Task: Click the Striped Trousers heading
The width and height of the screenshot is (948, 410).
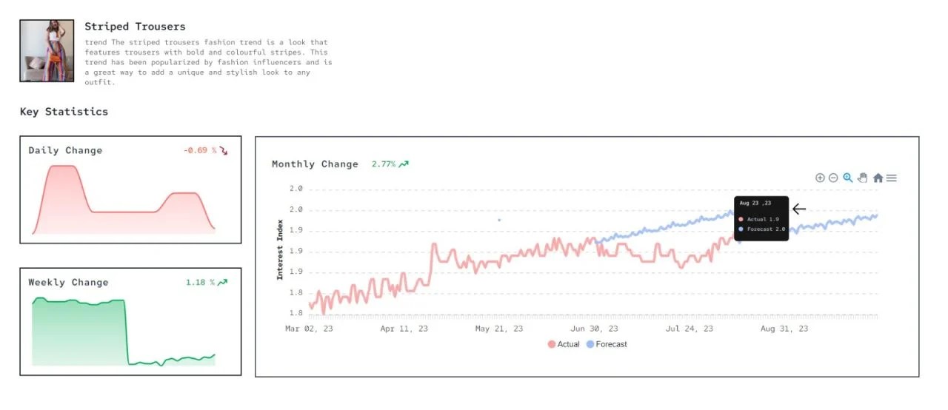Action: pos(135,27)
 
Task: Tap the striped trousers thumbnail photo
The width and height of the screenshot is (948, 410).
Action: pos(47,50)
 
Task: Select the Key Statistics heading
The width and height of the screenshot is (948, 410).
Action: pos(64,112)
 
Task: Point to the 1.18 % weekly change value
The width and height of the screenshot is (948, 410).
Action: pos(200,283)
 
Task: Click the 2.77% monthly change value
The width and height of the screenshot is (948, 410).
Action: pos(383,164)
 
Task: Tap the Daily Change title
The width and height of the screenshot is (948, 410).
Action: pos(65,151)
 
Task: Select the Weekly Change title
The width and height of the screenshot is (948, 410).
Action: pos(68,283)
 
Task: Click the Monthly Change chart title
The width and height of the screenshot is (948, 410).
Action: pos(315,164)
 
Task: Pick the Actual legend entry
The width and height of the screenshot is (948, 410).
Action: pos(564,344)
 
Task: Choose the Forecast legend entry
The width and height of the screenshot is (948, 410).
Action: pos(607,344)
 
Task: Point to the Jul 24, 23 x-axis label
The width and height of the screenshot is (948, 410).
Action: pos(689,329)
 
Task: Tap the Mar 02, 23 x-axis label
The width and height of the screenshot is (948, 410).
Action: pos(309,329)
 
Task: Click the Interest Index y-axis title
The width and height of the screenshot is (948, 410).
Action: pos(280,249)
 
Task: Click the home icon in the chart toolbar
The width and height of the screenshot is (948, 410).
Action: pos(878,178)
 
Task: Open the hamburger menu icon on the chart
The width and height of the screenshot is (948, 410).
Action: pos(892,178)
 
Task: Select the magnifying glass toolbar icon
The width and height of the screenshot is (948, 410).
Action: pos(848,178)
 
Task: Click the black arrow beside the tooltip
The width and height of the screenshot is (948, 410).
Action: pos(798,209)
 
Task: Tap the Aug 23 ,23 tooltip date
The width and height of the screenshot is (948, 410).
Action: pos(755,203)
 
